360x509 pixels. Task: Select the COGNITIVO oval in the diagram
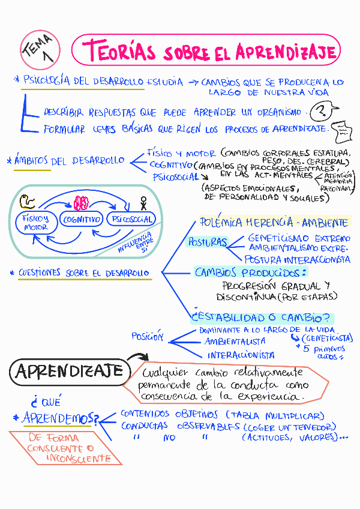coord(82,220)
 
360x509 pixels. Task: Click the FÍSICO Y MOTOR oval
coord(35,223)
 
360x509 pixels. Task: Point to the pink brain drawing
coord(81,202)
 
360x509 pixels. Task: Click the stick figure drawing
coord(143,202)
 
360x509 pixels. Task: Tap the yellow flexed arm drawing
coord(27,201)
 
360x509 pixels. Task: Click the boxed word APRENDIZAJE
coord(69,372)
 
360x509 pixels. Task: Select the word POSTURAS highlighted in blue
coord(207,242)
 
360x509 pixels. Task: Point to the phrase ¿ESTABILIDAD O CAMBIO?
coord(262,318)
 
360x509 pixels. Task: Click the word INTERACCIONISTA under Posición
coord(241,355)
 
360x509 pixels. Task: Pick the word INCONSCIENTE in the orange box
coord(77,459)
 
